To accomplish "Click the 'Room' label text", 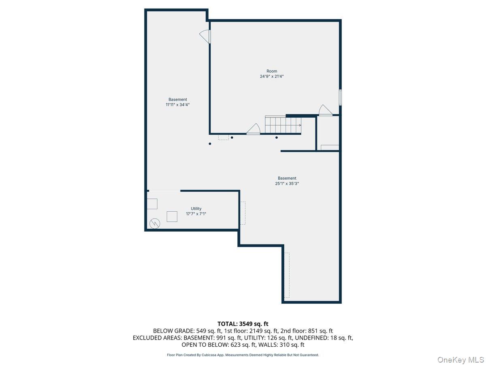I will click(272, 71).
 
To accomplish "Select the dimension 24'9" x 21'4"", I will click(272, 76).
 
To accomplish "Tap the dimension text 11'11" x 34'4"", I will click(178, 105).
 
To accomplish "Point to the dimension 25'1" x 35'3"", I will click(287, 183).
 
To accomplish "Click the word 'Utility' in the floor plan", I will click(196, 209).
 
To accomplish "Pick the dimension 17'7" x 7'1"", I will click(196, 214).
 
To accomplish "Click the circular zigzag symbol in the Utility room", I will click(155, 223).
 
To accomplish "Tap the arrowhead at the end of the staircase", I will click(300, 126).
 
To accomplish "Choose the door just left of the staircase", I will click(254, 129).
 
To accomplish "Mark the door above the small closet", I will click(326, 110).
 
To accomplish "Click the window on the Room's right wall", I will click(340, 97).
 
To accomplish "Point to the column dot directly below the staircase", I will click(277, 137).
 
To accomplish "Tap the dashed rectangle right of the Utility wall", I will click(243, 213).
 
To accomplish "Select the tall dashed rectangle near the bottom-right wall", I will click(287, 275).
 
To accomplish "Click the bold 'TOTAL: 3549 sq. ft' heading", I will click(243, 324).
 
